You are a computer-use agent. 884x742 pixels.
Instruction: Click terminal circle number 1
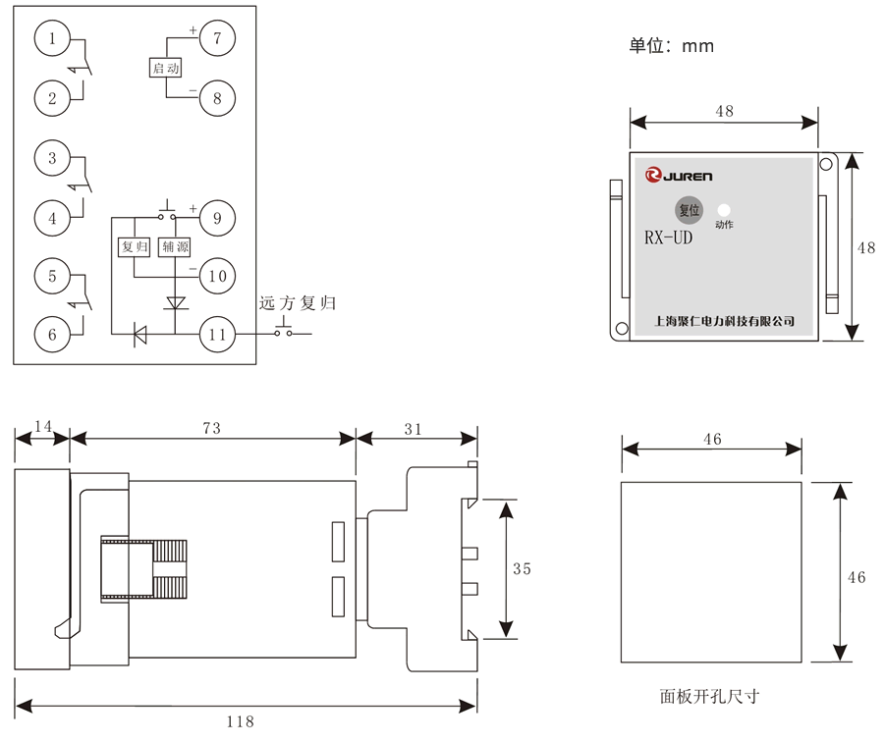(52, 39)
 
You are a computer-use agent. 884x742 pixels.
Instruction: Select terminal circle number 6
(52, 334)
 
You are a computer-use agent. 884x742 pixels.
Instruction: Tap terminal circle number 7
(217, 40)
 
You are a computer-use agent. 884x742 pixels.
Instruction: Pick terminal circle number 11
(217, 334)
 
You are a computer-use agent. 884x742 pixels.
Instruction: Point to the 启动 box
(165, 68)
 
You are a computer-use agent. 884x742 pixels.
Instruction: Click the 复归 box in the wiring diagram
(133, 247)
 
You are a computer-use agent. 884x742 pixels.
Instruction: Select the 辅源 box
(174, 247)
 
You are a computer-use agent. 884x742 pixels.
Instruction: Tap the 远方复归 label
(298, 303)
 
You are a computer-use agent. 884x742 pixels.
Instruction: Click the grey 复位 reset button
(689, 209)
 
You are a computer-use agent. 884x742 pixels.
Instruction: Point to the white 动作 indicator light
(725, 209)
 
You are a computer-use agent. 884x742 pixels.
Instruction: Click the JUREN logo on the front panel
(680, 177)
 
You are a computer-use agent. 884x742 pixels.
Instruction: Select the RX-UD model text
(668, 238)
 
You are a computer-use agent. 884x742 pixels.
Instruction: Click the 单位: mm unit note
(672, 45)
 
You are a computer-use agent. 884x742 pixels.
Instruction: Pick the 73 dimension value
(211, 428)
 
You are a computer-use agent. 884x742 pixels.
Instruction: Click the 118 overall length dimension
(240, 720)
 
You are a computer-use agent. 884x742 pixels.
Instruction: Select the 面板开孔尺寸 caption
(710, 697)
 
